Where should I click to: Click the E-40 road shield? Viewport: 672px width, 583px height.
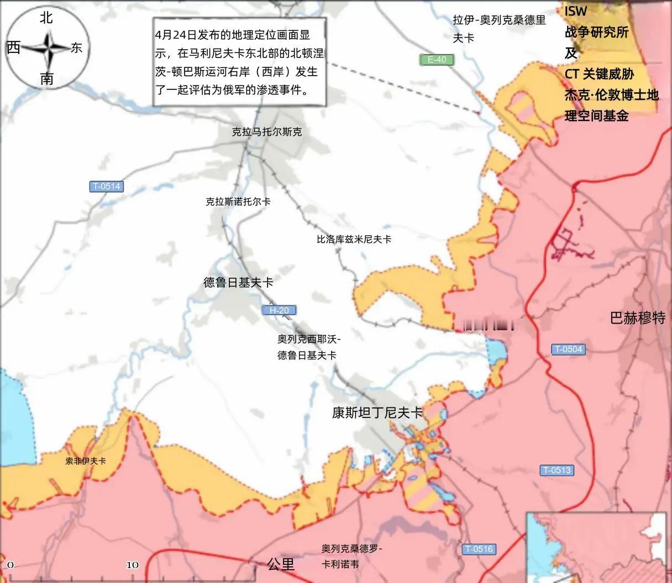point(437,60)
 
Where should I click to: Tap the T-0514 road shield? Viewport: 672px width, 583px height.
point(106,187)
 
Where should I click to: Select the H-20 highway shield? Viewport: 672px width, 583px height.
point(279,310)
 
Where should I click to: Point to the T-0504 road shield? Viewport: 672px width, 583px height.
point(568,349)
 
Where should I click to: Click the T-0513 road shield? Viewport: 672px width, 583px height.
point(556,470)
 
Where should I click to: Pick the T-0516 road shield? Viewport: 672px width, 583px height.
point(479,549)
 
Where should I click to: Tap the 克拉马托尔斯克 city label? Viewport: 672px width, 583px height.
point(267,132)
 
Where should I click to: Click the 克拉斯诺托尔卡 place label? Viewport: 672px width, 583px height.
point(238,202)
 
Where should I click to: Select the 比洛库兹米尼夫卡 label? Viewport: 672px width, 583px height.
point(354,240)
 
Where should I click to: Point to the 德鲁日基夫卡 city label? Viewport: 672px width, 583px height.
point(238,283)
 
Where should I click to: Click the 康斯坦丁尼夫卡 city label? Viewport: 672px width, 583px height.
point(377,413)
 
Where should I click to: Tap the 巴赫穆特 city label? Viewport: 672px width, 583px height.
point(638,318)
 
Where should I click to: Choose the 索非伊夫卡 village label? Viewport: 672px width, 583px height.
point(86,460)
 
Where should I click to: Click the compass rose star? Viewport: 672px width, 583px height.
point(47,49)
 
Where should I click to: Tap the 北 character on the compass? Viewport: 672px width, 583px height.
point(46,18)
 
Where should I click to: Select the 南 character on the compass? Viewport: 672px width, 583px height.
point(46,78)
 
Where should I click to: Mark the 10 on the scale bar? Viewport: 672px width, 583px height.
point(133,565)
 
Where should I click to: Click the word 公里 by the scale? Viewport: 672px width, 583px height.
point(281,564)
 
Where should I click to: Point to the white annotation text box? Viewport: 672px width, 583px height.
point(239,61)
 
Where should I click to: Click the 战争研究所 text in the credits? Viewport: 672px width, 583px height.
point(596,32)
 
